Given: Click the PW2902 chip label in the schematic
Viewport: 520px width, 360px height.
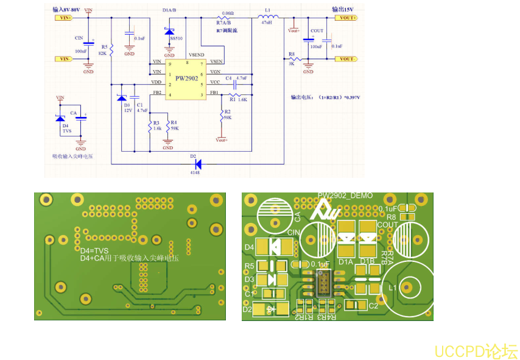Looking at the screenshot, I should tap(187, 78).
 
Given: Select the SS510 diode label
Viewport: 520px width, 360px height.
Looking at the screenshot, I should tap(177, 38).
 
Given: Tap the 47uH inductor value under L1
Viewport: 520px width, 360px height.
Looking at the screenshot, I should tap(267, 22).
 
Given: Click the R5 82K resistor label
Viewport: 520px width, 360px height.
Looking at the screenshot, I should tap(103, 50).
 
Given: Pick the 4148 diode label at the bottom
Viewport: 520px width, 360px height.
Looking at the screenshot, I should tap(195, 172).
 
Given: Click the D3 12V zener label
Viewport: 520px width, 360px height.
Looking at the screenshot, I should tap(127, 108).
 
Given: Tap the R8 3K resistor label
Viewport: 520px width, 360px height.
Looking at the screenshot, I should tap(292, 59).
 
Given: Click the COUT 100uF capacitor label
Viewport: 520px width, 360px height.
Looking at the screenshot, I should tap(317, 38).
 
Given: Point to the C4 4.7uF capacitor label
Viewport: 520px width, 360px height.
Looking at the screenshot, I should tap(236, 78).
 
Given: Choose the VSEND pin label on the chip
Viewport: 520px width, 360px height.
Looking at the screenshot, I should tap(197, 55).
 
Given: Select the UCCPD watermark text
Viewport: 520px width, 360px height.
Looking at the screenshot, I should tap(476, 351).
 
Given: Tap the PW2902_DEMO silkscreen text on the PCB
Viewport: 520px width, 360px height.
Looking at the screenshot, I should tap(345, 196).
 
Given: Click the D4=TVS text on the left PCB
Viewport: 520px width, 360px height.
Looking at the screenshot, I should tap(94, 250).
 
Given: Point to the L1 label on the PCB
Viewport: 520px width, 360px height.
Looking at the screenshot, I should tap(393, 286).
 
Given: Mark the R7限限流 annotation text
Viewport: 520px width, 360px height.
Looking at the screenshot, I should tap(227, 30).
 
